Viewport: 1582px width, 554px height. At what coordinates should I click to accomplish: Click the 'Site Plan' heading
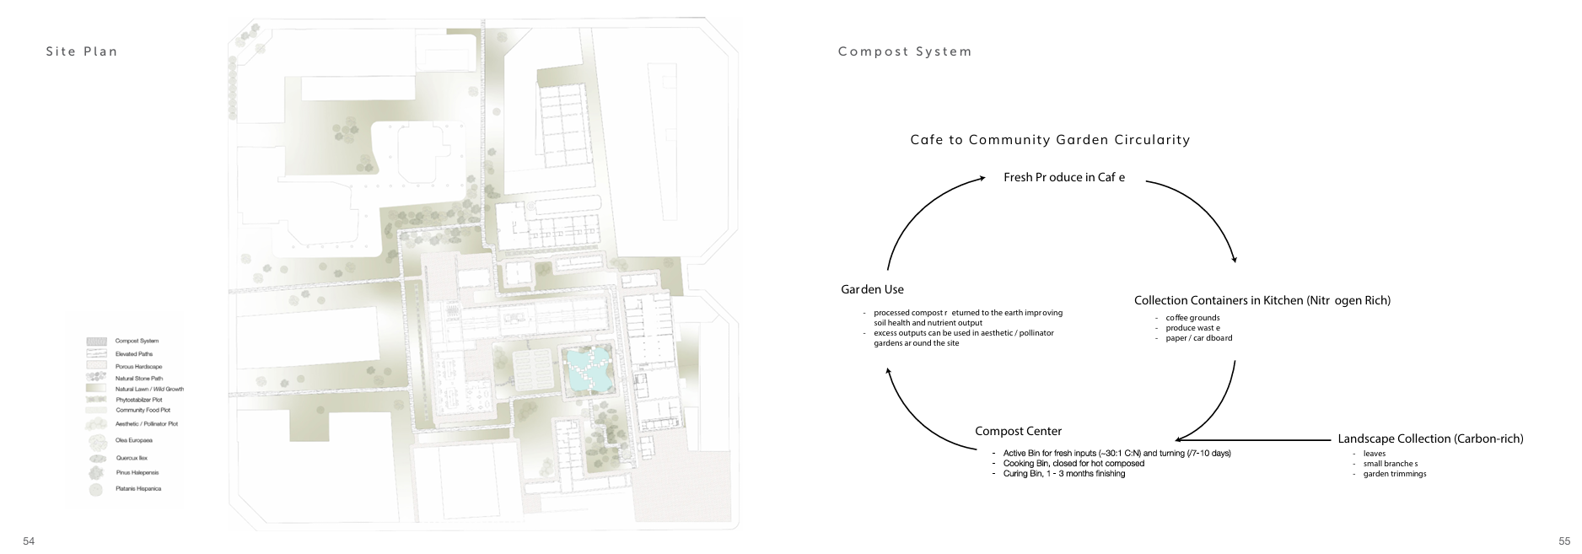click(x=82, y=51)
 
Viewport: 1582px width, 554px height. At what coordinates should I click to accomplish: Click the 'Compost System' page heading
click(x=905, y=51)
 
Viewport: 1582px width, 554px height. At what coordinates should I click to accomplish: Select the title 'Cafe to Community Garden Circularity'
click(x=1050, y=140)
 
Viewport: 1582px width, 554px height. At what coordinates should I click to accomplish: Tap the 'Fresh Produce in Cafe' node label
click(x=1064, y=177)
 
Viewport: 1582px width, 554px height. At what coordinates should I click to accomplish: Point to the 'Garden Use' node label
click(x=872, y=289)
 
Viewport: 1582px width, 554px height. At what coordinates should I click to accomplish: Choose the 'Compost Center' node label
click(x=1018, y=432)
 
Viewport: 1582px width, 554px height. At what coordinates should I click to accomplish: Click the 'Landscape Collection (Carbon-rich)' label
click(x=1430, y=438)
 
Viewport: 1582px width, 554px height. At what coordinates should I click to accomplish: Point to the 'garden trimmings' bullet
click(x=1394, y=474)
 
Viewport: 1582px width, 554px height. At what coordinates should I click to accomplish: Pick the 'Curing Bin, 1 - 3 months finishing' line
click(x=1063, y=474)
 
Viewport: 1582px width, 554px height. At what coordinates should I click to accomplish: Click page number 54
click(x=29, y=541)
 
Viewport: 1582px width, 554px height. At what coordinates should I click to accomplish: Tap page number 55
click(x=1564, y=541)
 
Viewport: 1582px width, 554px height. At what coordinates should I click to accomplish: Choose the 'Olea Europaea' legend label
click(x=133, y=440)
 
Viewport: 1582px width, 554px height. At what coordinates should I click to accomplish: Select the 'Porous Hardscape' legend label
click(x=138, y=367)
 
